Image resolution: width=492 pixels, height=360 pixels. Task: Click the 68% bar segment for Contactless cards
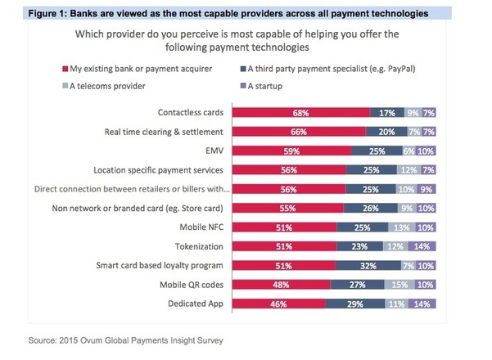(x=301, y=112)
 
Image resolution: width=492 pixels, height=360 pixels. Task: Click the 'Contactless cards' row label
(x=191, y=112)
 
